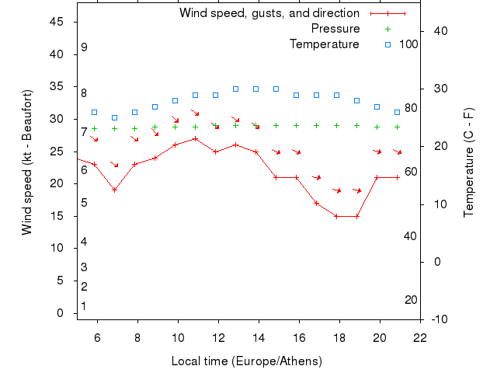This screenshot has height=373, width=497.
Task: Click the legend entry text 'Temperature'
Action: point(324,44)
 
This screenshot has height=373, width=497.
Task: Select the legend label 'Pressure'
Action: point(335,29)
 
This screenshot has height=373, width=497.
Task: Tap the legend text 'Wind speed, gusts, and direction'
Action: point(269,13)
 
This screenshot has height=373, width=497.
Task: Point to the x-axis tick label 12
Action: point(218,338)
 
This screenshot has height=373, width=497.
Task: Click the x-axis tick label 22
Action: point(420,338)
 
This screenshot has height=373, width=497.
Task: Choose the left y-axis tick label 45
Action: point(57,22)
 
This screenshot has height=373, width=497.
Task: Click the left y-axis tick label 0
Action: point(61,313)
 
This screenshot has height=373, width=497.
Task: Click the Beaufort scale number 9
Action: point(84,47)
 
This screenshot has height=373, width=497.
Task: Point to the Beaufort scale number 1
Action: point(84,306)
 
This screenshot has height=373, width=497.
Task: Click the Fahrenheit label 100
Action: point(408,44)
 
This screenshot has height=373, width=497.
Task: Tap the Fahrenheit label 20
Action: point(412,300)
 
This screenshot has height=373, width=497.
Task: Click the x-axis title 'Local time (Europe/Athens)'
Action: point(246,361)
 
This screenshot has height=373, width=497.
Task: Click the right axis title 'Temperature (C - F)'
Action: point(468,162)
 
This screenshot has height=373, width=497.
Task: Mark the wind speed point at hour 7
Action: point(114,190)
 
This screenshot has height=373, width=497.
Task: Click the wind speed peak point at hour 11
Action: point(195,138)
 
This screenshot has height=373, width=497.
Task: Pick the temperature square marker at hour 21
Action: point(397,113)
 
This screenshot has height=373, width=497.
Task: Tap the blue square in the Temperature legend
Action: point(388,44)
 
